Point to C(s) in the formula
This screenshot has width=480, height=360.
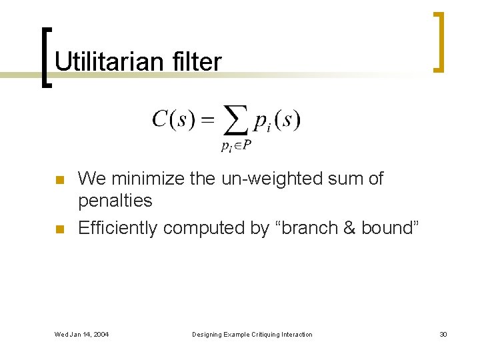173,120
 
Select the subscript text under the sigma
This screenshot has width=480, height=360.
236,146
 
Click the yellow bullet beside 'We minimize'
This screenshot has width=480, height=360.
59,180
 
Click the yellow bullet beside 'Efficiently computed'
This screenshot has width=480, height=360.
59,229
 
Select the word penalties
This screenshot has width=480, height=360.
115,201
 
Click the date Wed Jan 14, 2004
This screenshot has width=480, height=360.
82,334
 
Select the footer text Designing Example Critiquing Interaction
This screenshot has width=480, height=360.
251,334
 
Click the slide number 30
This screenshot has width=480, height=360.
443,334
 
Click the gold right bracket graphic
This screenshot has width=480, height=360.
439,41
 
